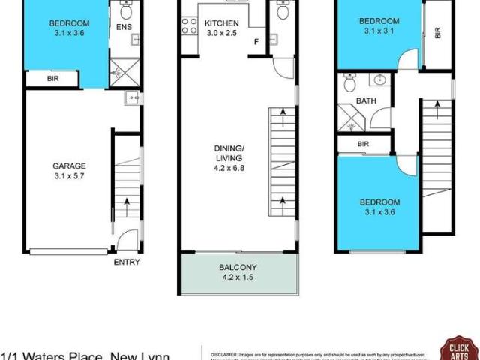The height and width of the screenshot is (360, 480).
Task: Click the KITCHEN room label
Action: (221, 23)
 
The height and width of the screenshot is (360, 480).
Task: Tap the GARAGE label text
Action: (69, 166)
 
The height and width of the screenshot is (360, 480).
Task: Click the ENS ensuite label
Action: (124, 28)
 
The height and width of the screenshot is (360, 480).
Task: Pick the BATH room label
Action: (366, 100)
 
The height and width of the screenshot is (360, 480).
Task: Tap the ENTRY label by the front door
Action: (127, 262)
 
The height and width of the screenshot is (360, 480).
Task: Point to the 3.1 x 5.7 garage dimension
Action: (69, 178)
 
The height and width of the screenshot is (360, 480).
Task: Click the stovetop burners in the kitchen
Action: (187, 26)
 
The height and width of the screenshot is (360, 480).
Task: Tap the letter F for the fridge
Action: (256, 42)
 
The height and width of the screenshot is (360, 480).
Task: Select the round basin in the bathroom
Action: (379, 80)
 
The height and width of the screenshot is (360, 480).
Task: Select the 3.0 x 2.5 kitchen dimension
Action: (221, 34)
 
